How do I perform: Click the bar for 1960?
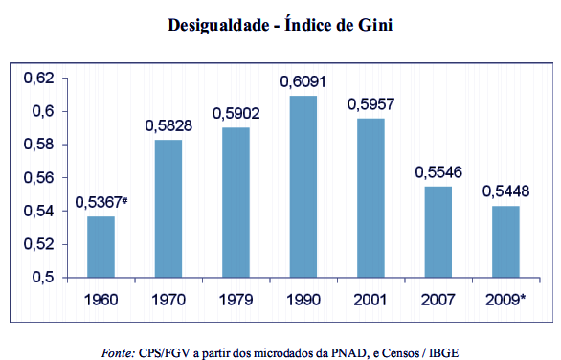pos(101,247)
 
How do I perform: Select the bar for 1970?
pos(168,209)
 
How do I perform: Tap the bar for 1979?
pos(236,202)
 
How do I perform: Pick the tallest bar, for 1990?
pos(303,187)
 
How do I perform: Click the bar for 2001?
pos(370,198)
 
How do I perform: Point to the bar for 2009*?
pos(506,241)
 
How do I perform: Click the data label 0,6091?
pos(303,83)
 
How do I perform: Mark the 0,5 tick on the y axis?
pos(54,278)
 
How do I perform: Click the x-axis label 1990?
pos(303,300)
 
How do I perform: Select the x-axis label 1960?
pos(101,300)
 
